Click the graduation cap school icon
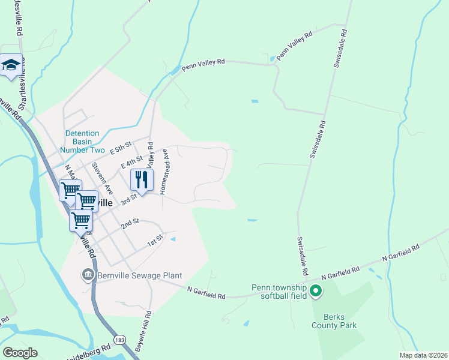click(10, 65)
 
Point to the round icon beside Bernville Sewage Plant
click(88, 275)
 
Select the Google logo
click(20, 352)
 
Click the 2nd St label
click(130, 223)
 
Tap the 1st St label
click(155, 240)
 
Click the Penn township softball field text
click(280, 292)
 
